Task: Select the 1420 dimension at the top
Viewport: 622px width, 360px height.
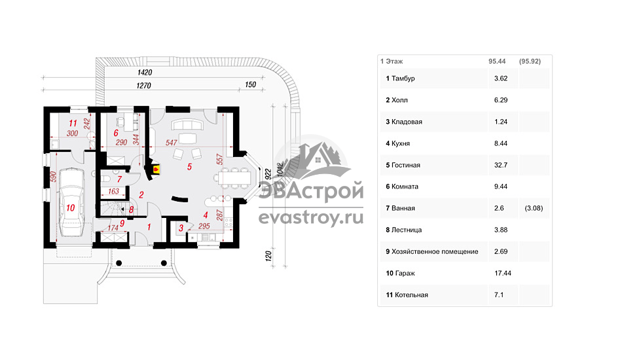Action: coord(145,72)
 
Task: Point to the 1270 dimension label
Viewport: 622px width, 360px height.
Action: coord(145,85)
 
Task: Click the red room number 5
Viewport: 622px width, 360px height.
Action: coord(189,167)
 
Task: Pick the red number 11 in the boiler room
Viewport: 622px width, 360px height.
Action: coord(73,122)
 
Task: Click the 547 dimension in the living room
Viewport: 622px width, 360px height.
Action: coord(172,142)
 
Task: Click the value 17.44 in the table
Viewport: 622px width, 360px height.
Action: coord(502,273)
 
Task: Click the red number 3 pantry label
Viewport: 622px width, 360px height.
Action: coord(181,228)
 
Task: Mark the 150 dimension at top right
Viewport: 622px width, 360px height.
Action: coord(250,85)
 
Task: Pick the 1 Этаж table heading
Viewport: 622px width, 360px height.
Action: coord(392,61)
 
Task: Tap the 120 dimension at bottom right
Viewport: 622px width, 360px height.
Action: coord(268,256)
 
